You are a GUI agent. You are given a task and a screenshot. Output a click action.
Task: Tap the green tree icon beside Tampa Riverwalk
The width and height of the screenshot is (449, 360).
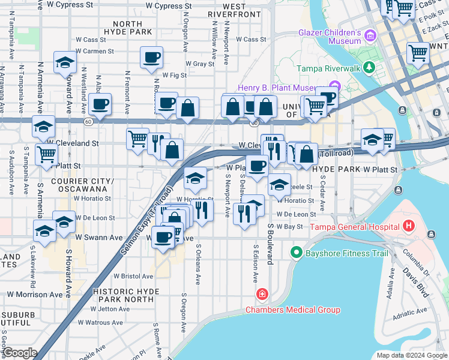coord(371,68)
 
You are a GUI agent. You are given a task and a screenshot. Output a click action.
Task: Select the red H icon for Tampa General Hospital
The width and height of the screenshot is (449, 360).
coord(409,227)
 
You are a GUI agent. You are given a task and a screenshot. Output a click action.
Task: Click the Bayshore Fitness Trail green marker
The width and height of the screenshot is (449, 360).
coord(295,253)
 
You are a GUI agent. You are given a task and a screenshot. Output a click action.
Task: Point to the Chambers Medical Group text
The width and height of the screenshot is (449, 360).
coord(293,310)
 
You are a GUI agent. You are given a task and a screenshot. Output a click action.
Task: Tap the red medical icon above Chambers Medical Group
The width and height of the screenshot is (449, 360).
coord(262,294)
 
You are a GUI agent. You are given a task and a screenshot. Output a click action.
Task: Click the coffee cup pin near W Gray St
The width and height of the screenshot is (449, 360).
coord(152,58)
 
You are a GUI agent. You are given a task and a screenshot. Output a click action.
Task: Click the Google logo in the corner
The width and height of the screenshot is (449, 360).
coord(19,353)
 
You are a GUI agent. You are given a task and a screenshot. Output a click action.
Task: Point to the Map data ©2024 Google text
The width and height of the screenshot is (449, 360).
coord(411,355)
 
